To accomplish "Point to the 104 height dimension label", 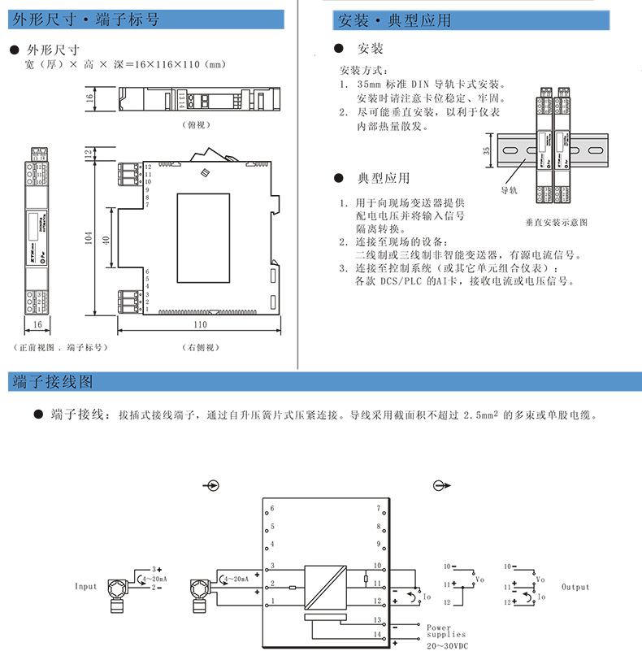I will pos(89,237).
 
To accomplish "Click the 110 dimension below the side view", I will pos(199,324).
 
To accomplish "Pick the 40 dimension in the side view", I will pos(106,241).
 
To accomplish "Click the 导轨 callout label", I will pos(509,191).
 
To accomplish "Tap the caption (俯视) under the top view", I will pos(197,126).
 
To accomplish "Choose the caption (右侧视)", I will pos(198,347).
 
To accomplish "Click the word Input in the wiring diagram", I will pos(86,586).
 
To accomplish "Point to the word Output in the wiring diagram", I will pos(575,586).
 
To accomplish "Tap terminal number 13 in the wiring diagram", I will pos(376,619).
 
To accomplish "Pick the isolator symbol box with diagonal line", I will pos(324,588).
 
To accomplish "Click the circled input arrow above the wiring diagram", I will pos(212,486).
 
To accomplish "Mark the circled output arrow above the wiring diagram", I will pos(441,486).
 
